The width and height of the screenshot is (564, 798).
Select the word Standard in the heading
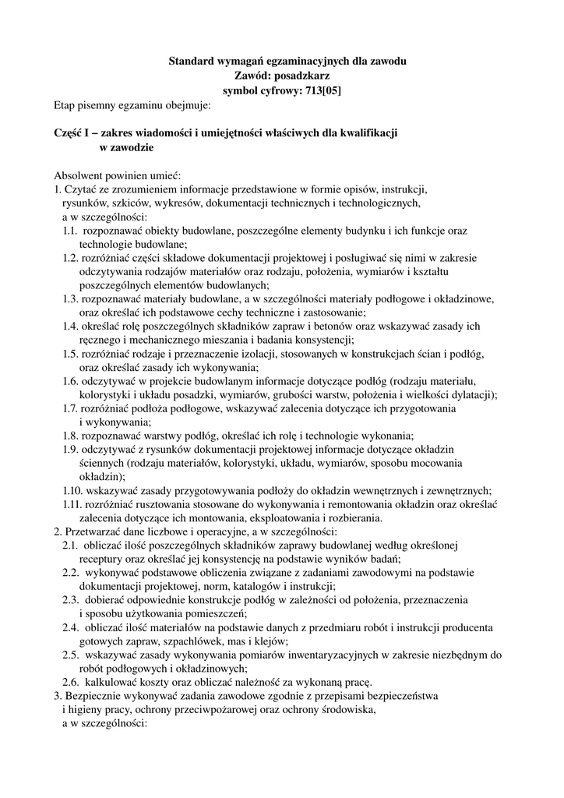point(193,61)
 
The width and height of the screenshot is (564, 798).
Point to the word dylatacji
point(468,394)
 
